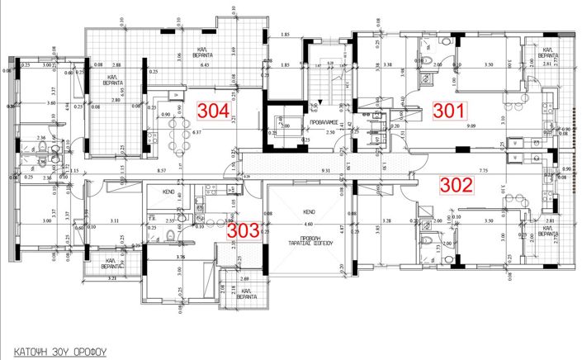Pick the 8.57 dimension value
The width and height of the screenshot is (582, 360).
coord(161,168)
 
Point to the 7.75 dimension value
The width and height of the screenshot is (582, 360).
coord(483,169)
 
